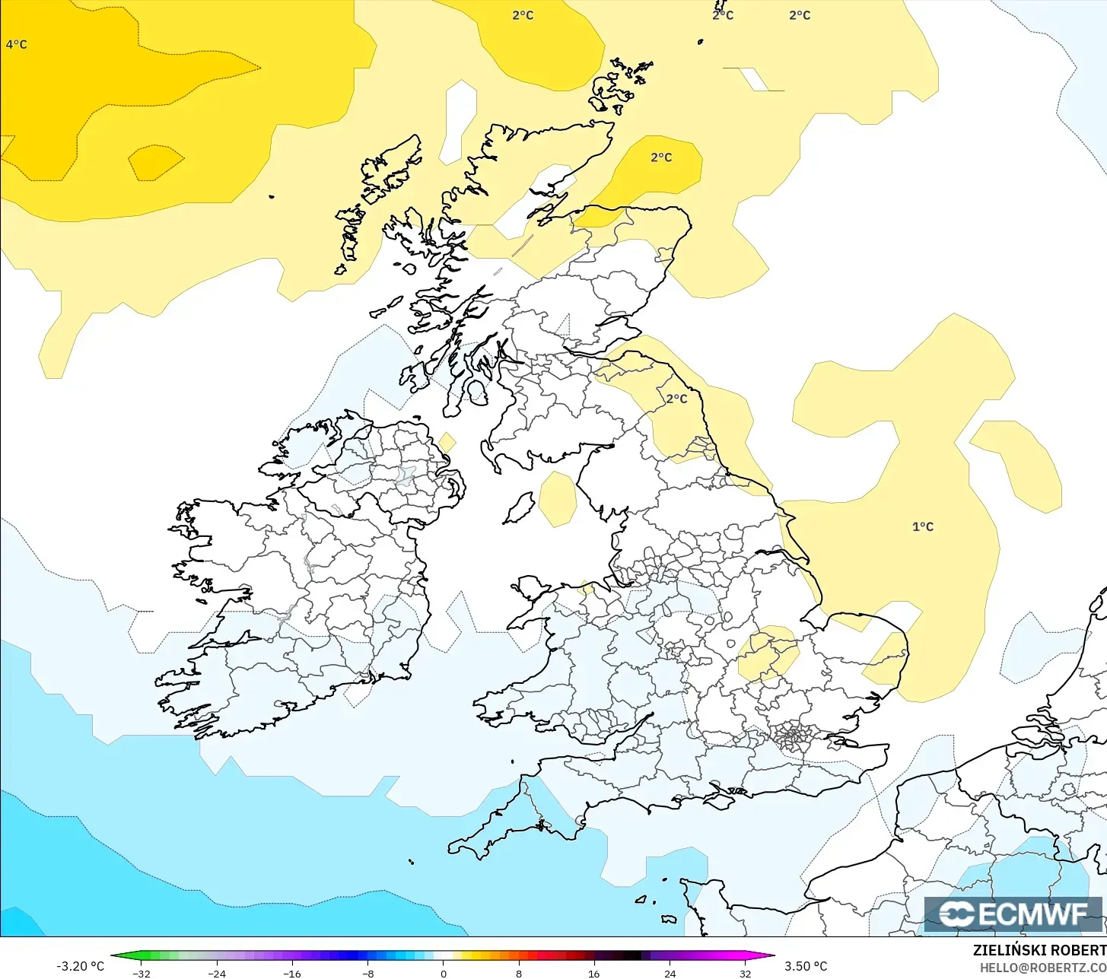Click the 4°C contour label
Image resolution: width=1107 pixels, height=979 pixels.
[16, 45]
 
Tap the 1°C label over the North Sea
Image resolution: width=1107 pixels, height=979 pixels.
[923, 526]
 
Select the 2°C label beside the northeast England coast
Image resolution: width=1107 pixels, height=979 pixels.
[676, 399]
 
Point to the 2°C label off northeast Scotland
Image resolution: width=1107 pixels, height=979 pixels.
[661, 157]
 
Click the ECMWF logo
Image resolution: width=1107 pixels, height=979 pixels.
[1013, 914]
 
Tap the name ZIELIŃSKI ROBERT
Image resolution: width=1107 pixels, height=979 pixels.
[1039, 950]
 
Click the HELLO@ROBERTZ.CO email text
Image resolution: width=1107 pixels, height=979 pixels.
[1042, 967]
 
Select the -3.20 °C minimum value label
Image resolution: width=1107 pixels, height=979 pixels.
[81, 966]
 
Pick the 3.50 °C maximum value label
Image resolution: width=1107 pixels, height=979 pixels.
[806, 966]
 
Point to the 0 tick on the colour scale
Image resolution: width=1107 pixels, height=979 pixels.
[444, 973]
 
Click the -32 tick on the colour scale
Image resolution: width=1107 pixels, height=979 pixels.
[141, 973]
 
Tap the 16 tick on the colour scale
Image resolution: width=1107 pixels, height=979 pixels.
[594, 973]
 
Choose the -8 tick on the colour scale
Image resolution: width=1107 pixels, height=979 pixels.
[367, 973]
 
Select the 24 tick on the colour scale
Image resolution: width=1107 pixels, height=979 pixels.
[670, 973]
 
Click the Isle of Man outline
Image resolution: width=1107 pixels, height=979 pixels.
[520, 507]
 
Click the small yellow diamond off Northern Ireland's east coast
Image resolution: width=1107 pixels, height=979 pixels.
[447, 442]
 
